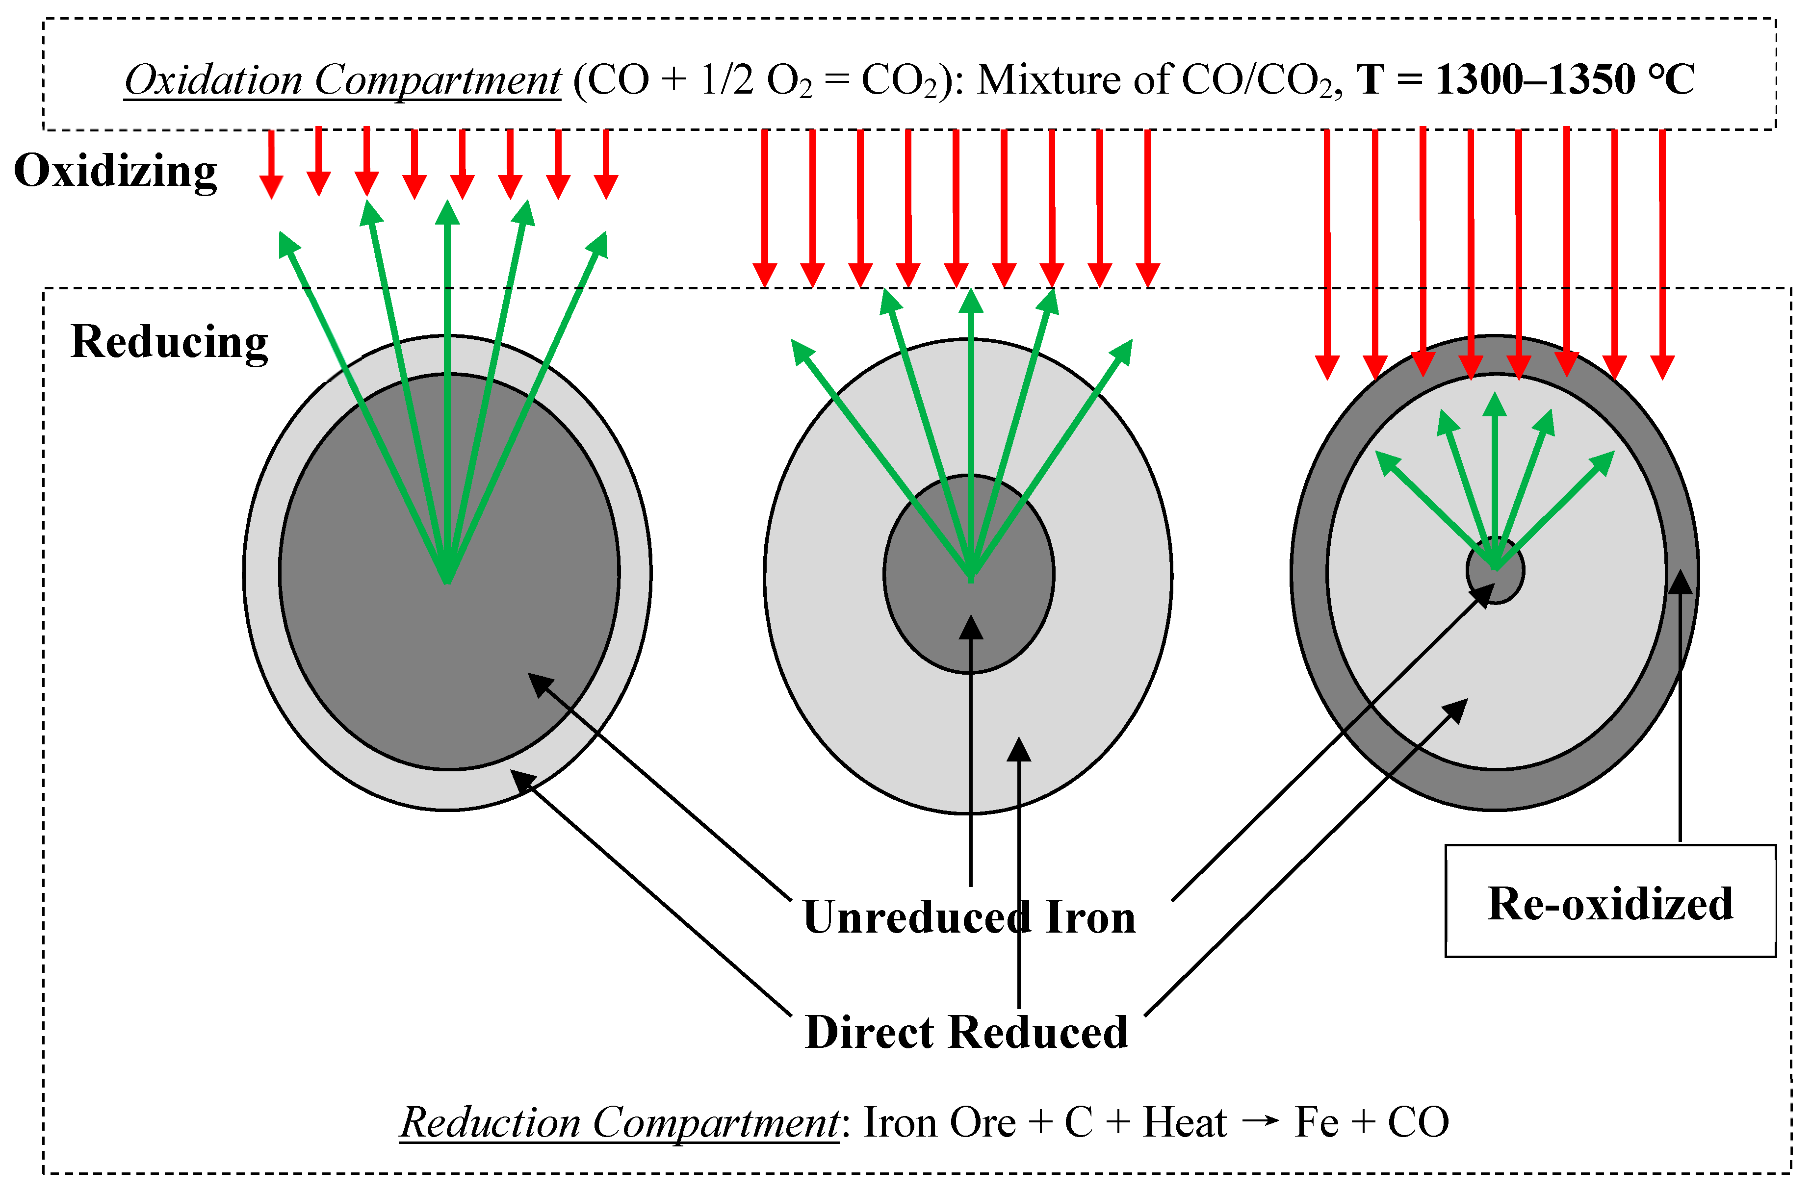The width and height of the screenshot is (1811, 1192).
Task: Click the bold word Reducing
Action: (x=169, y=342)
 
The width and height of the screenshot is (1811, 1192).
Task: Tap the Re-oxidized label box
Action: (x=1609, y=903)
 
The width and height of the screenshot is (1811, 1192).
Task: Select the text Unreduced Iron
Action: (x=969, y=917)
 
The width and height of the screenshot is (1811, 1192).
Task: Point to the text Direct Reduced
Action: (x=966, y=1033)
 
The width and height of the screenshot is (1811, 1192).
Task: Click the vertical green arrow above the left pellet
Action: (x=447, y=342)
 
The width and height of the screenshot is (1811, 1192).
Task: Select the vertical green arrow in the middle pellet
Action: (x=971, y=426)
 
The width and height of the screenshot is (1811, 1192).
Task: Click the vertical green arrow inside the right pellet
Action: (x=1495, y=472)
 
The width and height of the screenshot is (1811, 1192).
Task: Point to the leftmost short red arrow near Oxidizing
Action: (x=271, y=164)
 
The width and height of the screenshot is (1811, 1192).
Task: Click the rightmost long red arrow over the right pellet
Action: (x=1663, y=251)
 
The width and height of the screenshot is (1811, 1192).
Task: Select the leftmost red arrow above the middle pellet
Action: (x=765, y=205)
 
